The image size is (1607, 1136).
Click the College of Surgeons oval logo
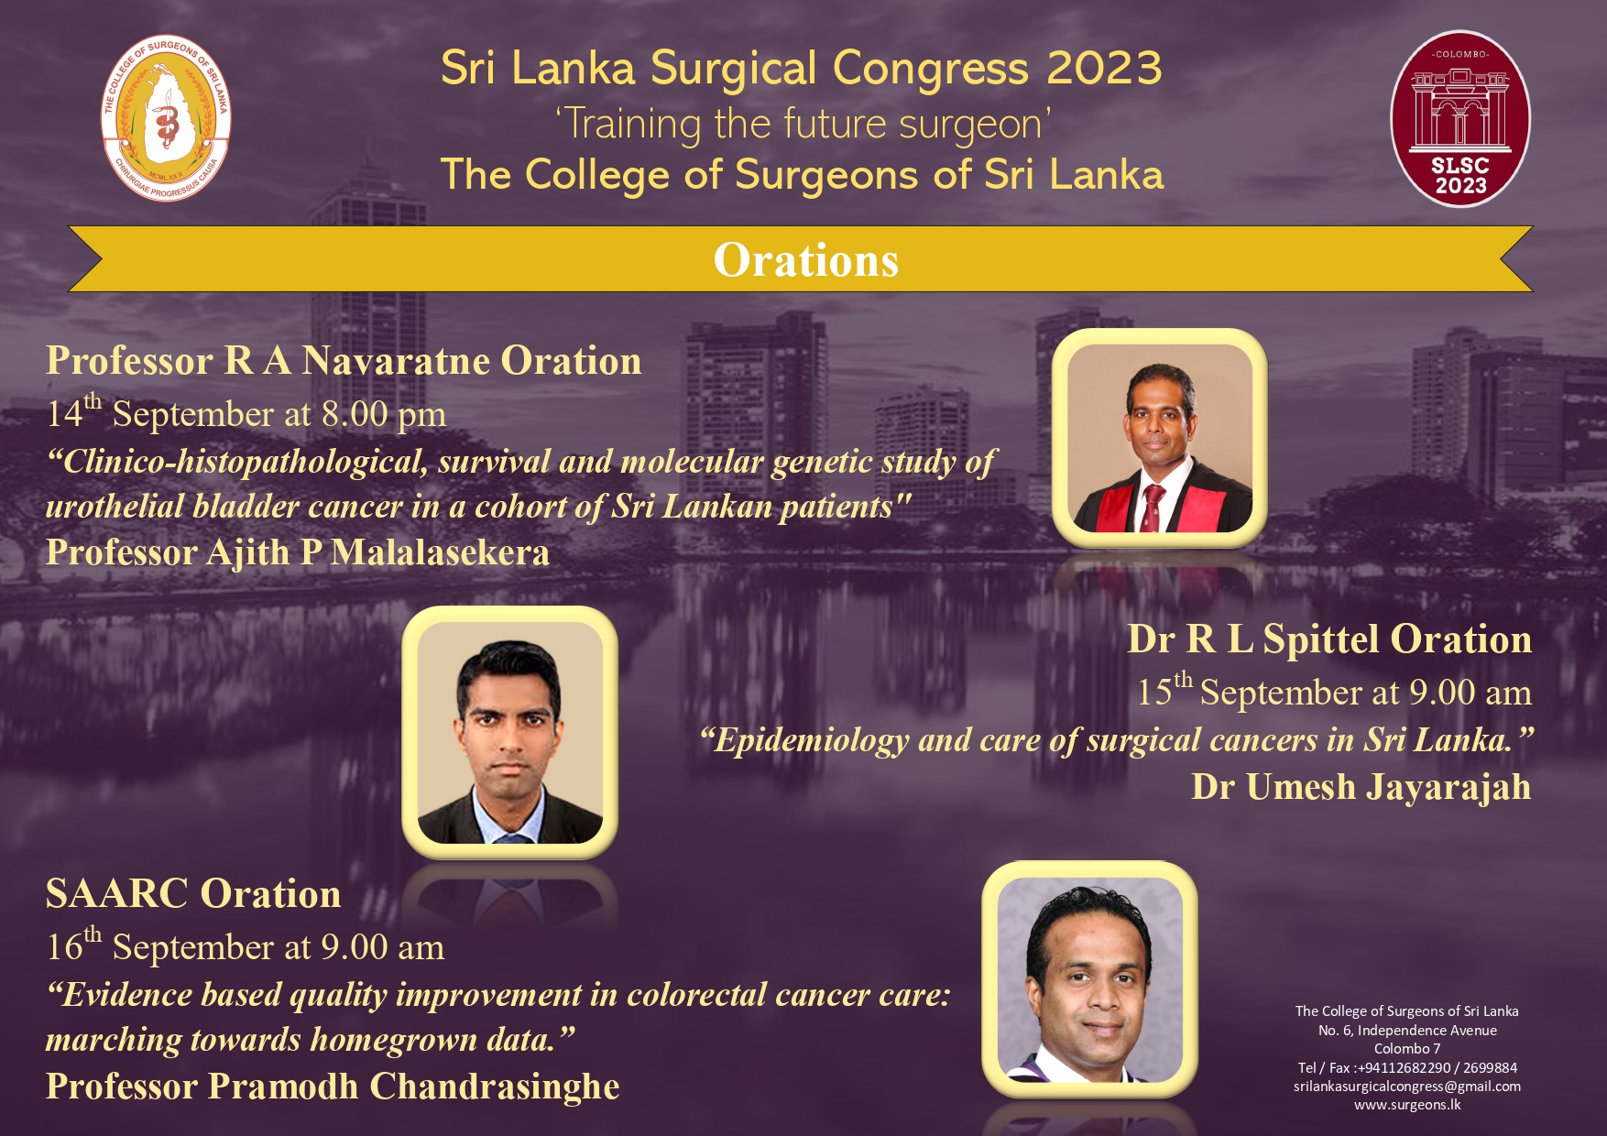pyautogui.click(x=166, y=118)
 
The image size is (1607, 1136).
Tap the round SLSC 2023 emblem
pyautogui.click(x=1460, y=119)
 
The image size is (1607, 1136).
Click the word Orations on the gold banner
pyautogui.click(x=806, y=260)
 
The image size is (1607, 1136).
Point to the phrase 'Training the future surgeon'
pyautogui.click(x=803, y=124)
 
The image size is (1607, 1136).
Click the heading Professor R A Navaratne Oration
pyautogui.click(x=344, y=361)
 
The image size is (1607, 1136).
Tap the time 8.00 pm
pyautogui.click(x=384, y=415)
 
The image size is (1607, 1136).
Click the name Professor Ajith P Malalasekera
pyautogui.click(x=298, y=552)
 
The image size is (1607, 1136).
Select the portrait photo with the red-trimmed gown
pyautogui.click(x=1160, y=438)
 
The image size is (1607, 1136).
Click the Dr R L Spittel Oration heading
pyautogui.click(x=1329, y=639)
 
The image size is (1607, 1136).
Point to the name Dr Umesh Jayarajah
pyautogui.click(x=1361, y=787)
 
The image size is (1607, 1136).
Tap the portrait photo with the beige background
pyautogui.click(x=510, y=733)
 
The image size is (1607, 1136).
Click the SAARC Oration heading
pyautogui.click(x=193, y=894)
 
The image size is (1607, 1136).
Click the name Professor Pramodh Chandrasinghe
pyautogui.click(x=333, y=1087)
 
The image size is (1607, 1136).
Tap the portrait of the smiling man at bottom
pyautogui.click(x=1090, y=979)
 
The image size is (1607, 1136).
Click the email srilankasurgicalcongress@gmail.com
pyautogui.click(x=1407, y=1087)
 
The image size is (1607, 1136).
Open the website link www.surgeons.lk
pyautogui.click(x=1407, y=1105)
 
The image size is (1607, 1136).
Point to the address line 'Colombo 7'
pyautogui.click(x=1407, y=1049)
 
